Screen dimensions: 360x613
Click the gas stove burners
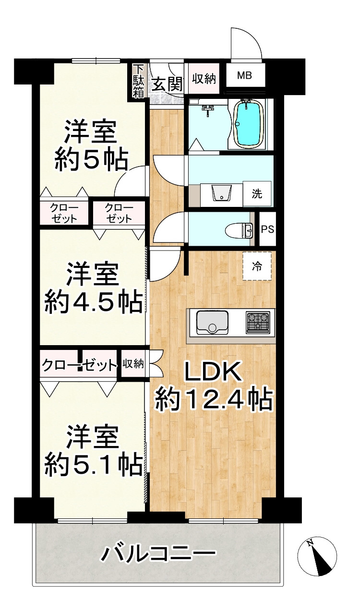pyautogui.click(x=258, y=322)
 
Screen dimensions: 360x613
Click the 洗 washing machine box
pyautogui.click(x=257, y=194)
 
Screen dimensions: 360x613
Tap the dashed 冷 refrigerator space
pyautogui.click(x=257, y=266)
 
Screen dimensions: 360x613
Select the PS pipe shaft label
pyautogui.click(x=267, y=229)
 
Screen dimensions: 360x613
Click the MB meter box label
pyautogui.click(x=244, y=75)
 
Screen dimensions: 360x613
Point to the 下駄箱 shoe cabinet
pyautogui.click(x=138, y=81)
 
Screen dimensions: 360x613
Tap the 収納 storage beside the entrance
pyautogui.click(x=204, y=79)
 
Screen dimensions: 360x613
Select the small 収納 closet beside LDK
pyautogui.click(x=133, y=364)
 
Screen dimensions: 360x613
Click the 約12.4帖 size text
pyautogui.click(x=214, y=401)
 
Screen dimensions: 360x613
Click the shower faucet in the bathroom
pyautogui.click(x=207, y=110)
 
